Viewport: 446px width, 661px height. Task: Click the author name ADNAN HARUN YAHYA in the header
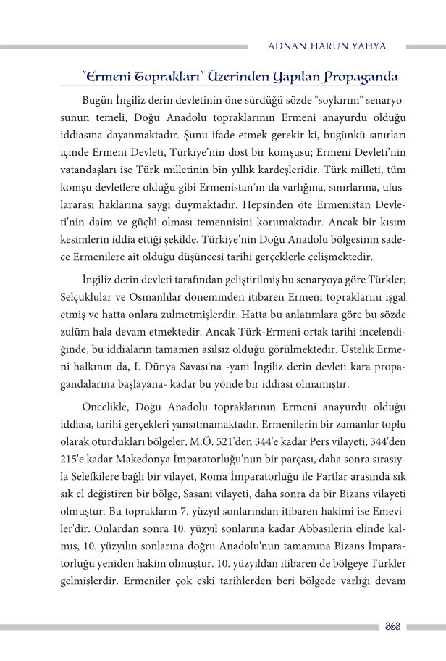(x=327, y=46)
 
